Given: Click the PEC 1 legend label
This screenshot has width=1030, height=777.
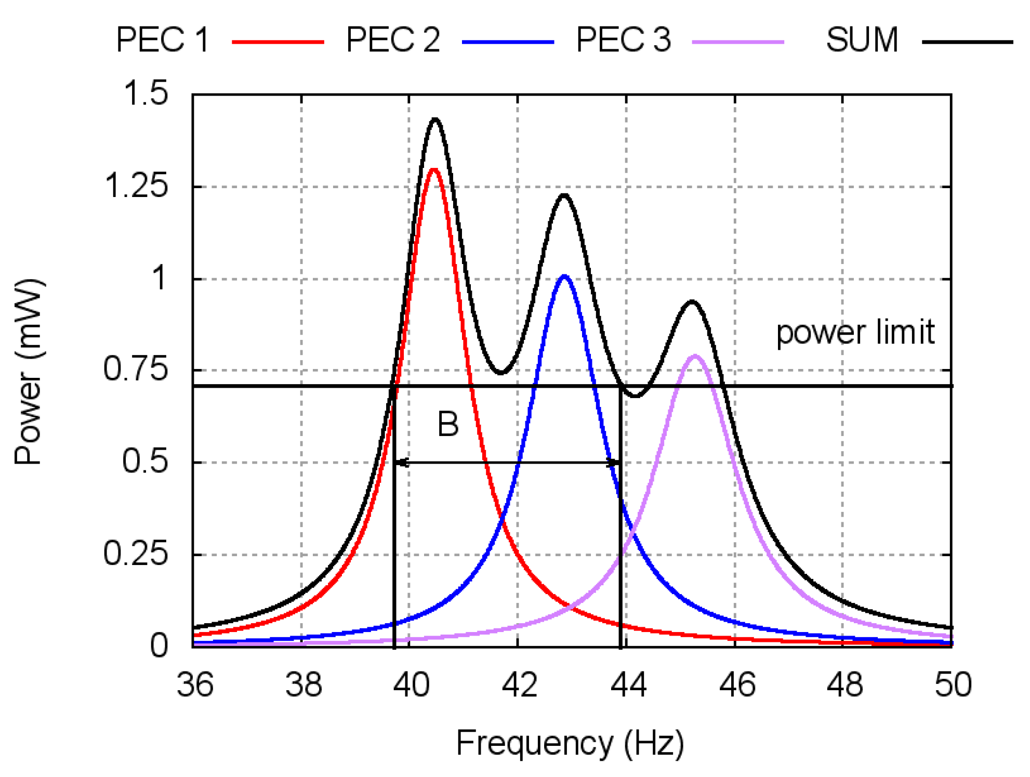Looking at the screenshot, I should (162, 40).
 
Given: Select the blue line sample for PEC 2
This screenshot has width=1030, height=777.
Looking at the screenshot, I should (508, 42).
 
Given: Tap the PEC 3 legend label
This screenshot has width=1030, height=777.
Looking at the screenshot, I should (623, 40).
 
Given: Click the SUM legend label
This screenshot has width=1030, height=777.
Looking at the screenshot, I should (862, 40).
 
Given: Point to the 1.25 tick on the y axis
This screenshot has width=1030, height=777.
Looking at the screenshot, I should (137, 186).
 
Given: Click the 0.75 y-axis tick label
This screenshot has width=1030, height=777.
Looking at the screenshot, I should (136, 370).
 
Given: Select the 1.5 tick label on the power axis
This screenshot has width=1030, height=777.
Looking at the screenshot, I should (146, 94).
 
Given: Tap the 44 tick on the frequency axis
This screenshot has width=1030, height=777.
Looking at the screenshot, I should (628, 685).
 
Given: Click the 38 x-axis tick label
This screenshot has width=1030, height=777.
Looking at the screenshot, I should (303, 685).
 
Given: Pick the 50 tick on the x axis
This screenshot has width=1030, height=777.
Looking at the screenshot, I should (953, 685).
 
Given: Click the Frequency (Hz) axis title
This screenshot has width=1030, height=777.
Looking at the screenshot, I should (570, 743).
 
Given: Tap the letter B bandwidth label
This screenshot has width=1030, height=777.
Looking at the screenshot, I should (448, 424).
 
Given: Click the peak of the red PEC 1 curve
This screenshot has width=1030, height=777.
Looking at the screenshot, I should (433, 169).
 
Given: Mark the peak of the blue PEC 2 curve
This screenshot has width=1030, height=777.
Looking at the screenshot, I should (564, 276).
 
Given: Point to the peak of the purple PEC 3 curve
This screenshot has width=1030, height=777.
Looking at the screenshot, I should (695, 356).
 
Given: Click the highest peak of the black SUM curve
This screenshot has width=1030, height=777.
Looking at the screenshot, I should (435, 120).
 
